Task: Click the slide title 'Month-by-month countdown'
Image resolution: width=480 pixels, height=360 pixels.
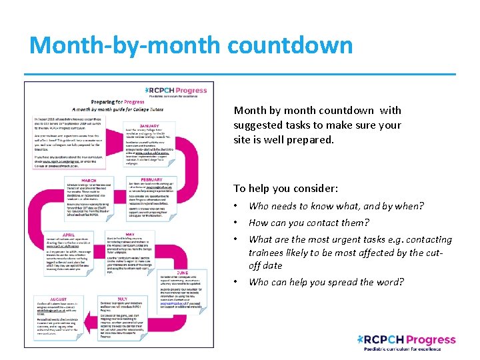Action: click(x=191, y=45)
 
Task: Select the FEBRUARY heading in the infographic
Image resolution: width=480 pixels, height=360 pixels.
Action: click(x=151, y=179)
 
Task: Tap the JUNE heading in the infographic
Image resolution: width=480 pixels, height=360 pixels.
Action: click(x=183, y=272)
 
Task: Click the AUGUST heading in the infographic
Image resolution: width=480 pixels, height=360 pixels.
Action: click(x=61, y=300)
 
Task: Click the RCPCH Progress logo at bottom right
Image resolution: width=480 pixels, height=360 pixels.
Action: click(x=407, y=342)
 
